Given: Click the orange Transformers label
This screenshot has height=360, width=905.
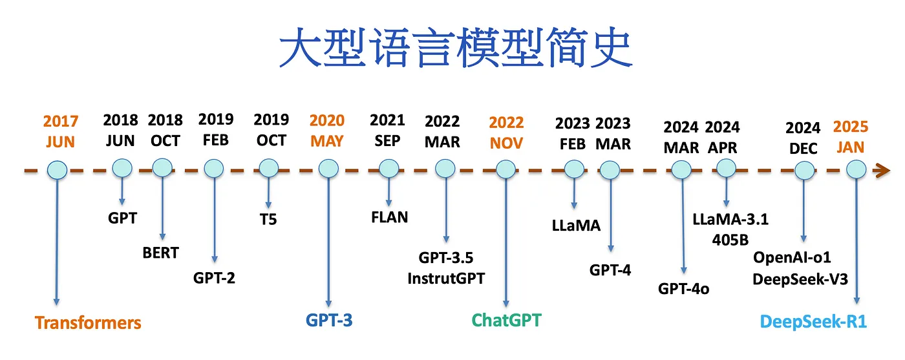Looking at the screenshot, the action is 88,323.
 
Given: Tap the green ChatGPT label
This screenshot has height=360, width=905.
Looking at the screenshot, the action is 506,321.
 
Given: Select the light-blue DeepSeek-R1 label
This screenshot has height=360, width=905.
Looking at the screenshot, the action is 813,322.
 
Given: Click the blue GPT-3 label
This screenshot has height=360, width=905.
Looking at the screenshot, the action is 329,321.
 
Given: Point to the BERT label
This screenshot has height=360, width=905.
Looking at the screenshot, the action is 161,253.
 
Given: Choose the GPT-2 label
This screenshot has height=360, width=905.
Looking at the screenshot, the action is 214,278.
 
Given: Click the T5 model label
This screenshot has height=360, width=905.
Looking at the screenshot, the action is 268,219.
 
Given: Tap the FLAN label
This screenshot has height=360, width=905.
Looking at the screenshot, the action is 389,217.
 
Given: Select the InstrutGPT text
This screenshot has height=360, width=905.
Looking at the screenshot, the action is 446,279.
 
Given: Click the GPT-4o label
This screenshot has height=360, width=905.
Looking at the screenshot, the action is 684,289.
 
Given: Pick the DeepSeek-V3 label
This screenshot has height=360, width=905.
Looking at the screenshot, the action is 800,279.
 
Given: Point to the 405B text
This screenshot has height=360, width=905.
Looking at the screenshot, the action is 730,240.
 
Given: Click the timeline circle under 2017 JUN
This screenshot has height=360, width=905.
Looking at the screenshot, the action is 58,170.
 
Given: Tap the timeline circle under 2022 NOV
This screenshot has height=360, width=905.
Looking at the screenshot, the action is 506,170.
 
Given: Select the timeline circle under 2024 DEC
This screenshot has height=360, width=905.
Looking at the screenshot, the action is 804,171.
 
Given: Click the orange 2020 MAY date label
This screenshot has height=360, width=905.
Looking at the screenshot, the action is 327,131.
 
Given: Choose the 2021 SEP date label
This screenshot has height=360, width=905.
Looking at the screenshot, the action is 387,130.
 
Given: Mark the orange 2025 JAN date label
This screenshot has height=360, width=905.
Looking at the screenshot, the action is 851,137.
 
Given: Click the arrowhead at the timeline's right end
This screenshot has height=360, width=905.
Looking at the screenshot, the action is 882,171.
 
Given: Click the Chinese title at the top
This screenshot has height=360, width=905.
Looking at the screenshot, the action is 455,47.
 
